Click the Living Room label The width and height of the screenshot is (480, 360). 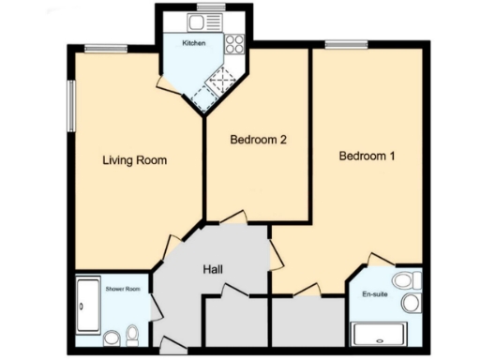134,160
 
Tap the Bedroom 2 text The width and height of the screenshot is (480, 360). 258,140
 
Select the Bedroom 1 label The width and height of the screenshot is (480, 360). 367,156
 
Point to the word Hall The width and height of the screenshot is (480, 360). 213,270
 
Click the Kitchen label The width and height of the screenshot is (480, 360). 194,43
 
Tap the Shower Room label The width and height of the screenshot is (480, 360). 123,289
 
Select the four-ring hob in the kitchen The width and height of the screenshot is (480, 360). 232,42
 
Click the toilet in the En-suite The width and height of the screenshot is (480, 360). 404,280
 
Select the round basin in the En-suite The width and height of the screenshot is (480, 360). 409,303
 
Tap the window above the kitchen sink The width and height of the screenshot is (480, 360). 202,13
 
